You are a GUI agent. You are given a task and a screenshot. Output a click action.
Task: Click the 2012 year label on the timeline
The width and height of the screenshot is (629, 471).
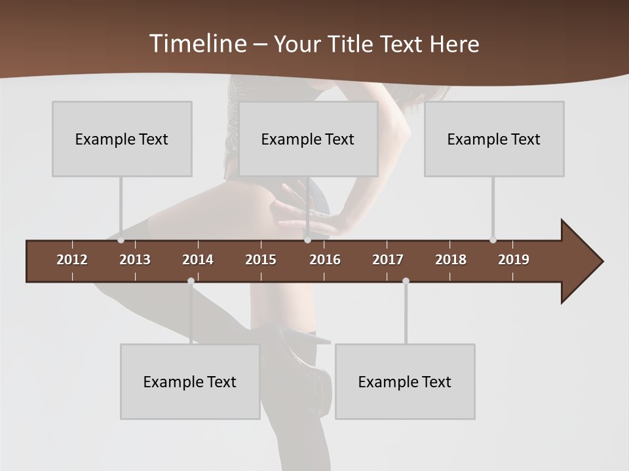[x=72, y=260]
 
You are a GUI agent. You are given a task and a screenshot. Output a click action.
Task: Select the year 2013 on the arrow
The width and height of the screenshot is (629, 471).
[x=135, y=260]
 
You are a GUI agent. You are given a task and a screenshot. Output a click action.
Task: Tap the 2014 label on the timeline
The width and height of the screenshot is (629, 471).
[x=198, y=260]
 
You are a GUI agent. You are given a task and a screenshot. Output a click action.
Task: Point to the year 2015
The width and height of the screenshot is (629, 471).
[x=261, y=260]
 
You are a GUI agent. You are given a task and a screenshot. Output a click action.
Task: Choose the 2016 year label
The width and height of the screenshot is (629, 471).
[x=325, y=260]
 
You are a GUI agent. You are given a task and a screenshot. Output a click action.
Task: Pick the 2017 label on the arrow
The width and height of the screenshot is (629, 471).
[x=388, y=260]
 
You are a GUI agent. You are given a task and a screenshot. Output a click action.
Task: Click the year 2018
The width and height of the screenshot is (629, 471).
[x=451, y=260]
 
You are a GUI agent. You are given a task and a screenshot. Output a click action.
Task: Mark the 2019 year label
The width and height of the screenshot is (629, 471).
[x=514, y=260]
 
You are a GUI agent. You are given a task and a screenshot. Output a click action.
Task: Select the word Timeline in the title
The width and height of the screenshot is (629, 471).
[x=197, y=44]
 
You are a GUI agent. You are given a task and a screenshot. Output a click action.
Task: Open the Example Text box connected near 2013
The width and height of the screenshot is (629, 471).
[x=122, y=139]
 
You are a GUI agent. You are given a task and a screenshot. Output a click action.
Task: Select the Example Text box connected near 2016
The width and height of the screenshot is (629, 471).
[x=308, y=139]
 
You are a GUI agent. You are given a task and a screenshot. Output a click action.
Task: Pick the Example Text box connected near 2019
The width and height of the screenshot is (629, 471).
[x=494, y=139]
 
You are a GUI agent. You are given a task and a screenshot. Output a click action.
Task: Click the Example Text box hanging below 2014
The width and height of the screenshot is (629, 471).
[x=190, y=381]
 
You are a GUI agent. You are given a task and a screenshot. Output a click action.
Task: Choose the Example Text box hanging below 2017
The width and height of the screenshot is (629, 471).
[x=405, y=381]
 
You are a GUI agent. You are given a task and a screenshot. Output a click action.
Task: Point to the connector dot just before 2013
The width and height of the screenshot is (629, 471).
[x=121, y=240]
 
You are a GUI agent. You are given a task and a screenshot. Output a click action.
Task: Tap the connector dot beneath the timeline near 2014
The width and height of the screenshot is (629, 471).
[x=191, y=281]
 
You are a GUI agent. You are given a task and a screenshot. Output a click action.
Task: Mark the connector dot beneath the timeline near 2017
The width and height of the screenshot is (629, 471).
[x=406, y=281]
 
